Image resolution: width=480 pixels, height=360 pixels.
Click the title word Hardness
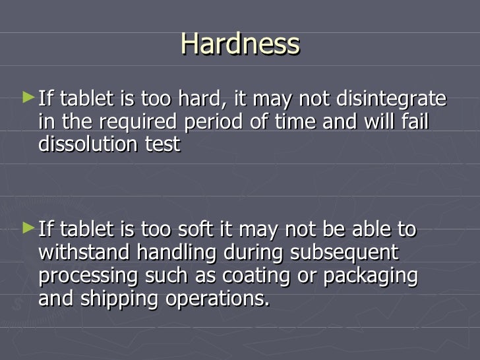pos(240,45)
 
